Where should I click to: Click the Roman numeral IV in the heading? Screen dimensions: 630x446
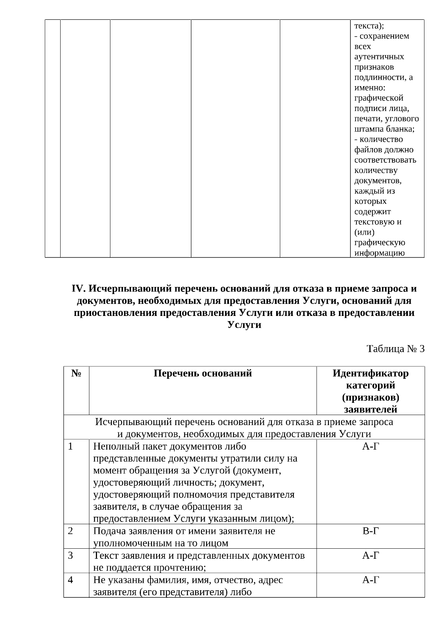(78, 289)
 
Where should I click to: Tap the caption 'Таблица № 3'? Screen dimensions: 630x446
(395, 349)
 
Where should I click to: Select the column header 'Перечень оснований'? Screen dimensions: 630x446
(203, 373)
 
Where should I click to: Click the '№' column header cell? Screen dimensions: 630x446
(76, 373)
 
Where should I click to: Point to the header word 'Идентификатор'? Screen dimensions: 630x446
(370, 373)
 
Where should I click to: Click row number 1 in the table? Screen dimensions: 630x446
(71, 447)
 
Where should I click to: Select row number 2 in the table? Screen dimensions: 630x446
(71, 531)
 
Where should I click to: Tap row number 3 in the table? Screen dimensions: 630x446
(71, 556)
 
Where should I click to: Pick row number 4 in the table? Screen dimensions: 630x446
(71, 580)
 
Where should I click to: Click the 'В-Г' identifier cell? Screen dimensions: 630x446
(370, 531)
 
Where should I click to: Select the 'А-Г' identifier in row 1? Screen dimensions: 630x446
(370, 447)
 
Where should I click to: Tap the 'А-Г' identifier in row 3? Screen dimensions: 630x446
(370, 556)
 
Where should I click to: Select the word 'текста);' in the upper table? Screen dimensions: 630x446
(369, 26)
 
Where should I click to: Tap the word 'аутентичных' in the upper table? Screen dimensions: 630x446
(379, 57)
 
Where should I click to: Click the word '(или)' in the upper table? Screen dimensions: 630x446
(364, 232)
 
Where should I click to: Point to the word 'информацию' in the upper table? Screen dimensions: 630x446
(379, 253)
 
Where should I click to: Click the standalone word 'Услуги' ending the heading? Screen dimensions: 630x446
(244, 325)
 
